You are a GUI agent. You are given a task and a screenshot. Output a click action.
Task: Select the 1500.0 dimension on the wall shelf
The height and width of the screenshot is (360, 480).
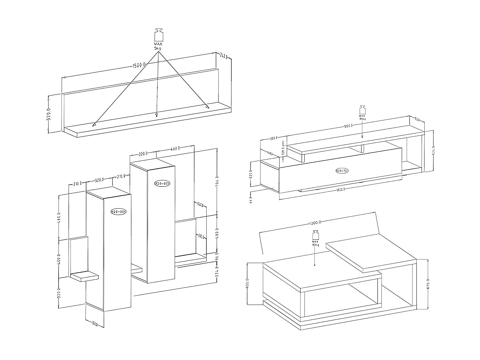(x=139, y=66)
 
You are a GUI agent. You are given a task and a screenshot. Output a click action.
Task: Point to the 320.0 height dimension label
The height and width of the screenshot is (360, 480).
(x=49, y=114)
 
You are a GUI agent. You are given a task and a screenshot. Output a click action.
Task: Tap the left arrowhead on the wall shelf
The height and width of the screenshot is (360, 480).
(x=94, y=124)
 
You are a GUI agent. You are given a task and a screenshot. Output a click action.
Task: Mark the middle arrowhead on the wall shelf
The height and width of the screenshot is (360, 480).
(x=156, y=115)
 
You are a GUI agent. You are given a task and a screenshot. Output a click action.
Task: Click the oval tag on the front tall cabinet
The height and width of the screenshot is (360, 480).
(x=119, y=212)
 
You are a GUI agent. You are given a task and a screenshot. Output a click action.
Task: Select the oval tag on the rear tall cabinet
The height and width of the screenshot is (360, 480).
(x=162, y=183)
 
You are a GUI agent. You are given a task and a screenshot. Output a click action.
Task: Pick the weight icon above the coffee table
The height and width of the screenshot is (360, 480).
(x=316, y=235)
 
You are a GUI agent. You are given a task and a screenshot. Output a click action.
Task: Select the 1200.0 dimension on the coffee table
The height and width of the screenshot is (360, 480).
(x=316, y=222)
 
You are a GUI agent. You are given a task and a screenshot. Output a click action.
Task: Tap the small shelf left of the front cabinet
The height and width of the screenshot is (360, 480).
(x=84, y=276)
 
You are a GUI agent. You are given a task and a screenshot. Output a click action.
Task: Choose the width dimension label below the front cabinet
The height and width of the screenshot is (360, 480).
(x=95, y=324)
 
